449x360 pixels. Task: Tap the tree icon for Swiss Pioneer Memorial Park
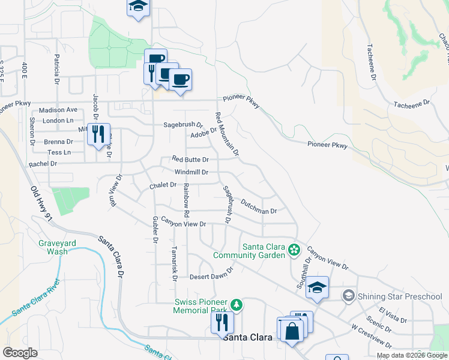click(237, 305)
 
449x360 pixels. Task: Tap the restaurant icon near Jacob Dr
click(98, 134)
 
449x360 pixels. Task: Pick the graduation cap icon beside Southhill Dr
click(317, 289)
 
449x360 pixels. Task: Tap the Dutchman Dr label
click(258, 208)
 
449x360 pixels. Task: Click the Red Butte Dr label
click(190, 160)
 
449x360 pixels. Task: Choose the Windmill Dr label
click(191, 172)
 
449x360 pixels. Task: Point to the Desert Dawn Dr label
click(211, 277)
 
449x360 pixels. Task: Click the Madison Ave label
click(58, 110)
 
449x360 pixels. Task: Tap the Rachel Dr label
click(43, 163)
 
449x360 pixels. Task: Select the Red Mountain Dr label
click(227, 134)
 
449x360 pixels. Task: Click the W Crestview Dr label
click(372, 337)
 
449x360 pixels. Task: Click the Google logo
click(20, 353)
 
